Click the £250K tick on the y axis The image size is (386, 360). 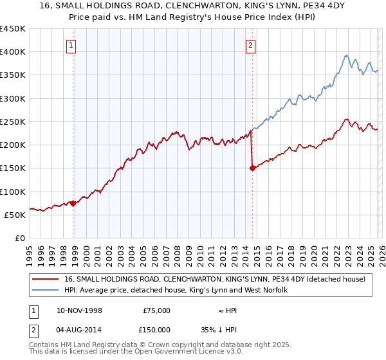pos(13,122)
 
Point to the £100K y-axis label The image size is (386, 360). pos(13,192)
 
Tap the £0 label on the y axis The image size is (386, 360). pos(20,238)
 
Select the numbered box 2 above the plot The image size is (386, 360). pos(250,45)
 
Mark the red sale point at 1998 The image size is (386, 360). pos(73,203)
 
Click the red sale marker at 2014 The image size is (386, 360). pos(252,168)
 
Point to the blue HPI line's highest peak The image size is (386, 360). pos(346,55)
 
